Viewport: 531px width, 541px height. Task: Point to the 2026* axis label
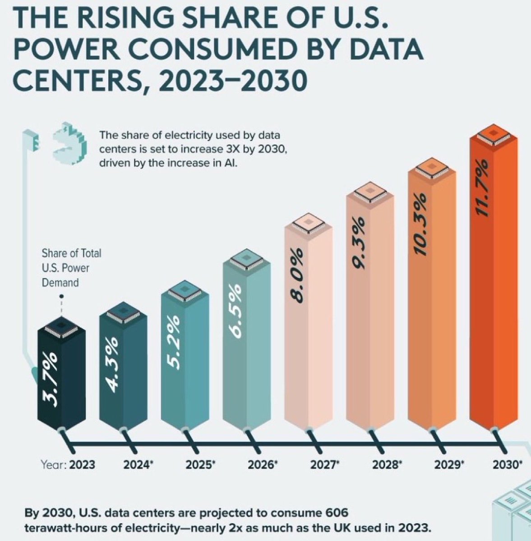263,465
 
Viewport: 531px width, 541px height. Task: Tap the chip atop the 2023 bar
61,328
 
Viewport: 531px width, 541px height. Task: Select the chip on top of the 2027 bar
309,224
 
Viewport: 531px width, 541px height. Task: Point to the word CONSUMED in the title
203,50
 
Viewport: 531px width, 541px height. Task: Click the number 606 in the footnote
337,513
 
